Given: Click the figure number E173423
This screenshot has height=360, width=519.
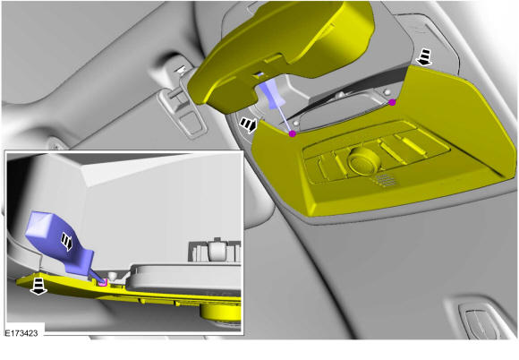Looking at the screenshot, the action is coord(21,332).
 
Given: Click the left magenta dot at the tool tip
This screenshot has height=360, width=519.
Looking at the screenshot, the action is coord(293,133).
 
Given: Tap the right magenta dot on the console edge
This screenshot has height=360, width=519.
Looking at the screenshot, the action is coord(392,102).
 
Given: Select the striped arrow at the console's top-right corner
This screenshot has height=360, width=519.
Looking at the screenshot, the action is coord(425,56).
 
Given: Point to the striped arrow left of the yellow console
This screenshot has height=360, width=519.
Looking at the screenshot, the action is coord(249,124).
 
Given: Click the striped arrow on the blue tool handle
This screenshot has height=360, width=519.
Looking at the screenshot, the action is coord(66,242).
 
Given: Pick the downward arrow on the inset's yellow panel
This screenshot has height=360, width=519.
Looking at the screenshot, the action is coord(38,286).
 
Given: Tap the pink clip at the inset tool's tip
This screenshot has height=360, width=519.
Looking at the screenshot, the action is coord(103,282).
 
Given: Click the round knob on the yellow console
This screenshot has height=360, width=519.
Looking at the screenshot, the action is coord(363,161).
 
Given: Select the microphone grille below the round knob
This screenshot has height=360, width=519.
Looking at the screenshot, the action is coord(386,179).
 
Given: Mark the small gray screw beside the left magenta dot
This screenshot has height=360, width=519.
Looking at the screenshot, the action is coord(296,124).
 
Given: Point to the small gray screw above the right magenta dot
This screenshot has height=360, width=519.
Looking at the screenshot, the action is coord(385,91).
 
